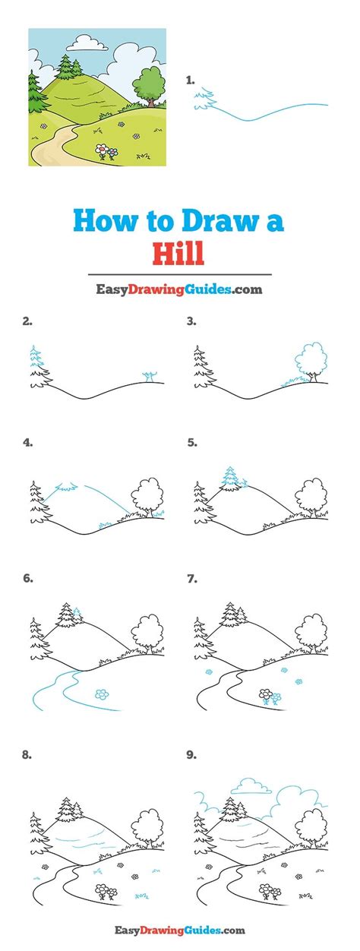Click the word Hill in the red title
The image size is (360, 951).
(178, 254)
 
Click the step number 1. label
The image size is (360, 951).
(191, 80)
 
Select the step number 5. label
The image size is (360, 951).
(192, 442)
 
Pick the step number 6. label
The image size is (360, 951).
(28, 578)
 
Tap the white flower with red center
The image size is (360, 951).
(101, 149)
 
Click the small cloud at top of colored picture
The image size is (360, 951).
(88, 43)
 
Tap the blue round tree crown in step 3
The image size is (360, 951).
(311, 359)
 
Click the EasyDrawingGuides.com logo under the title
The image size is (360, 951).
(178, 289)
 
